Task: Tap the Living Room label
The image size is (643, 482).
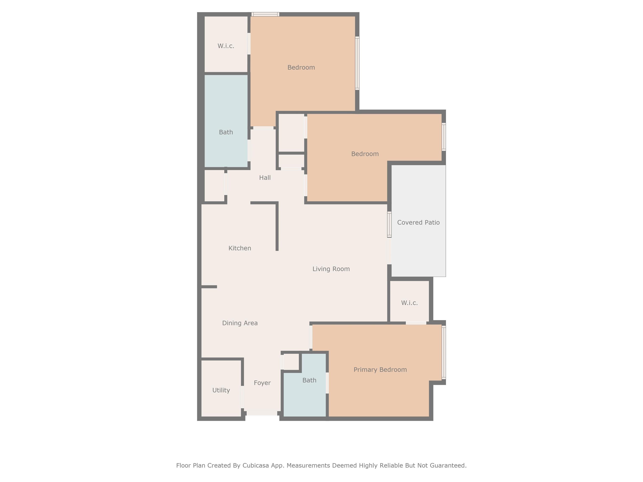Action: coord(331,269)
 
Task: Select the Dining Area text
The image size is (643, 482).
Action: coord(240,323)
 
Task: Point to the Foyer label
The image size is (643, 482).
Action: coord(262,383)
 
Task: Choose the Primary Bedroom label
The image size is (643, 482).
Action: coord(380,370)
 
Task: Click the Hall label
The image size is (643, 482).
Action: coord(265,178)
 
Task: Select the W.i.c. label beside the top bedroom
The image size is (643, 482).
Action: coord(226,46)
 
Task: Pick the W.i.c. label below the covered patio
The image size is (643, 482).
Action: coord(409,303)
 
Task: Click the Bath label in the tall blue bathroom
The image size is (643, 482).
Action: coord(226,132)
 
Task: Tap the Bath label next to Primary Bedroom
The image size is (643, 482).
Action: coord(309,380)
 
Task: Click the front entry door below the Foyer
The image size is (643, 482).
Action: coord(262,413)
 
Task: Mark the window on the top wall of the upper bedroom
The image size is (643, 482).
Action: coord(265,14)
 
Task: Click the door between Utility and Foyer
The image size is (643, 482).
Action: coord(242,397)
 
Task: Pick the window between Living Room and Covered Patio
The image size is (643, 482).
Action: coord(389,225)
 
